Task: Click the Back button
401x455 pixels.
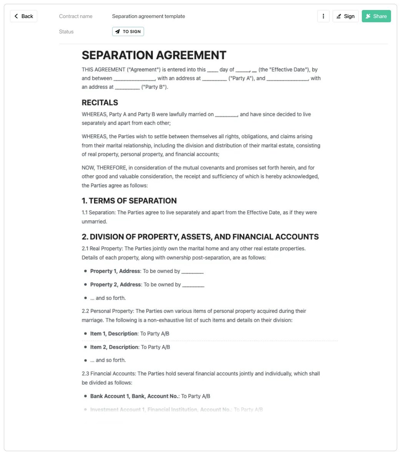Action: (23, 16)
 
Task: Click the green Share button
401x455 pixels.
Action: (376, 16)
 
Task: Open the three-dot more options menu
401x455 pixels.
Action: (323, 16)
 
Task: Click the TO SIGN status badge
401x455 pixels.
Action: (128, 31)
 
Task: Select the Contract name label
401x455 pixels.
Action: (76, 16)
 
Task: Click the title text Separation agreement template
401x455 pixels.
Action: (148, 16)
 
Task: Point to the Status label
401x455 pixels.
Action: (66, 31)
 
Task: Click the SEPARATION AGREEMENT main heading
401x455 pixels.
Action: (154, 55)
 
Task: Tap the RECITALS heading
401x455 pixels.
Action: (100, 103)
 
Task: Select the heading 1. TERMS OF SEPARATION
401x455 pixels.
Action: (129, 201)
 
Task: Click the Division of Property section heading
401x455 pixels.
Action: (200, 237)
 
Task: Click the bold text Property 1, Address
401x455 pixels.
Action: (115, 271)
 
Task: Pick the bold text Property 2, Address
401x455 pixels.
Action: (115, 285)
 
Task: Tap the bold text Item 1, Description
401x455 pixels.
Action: (114, 334)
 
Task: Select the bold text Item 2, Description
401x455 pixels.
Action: (114, 347)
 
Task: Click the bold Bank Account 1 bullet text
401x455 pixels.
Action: (134, 396)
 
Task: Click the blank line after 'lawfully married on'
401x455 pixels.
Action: (227, 114)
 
